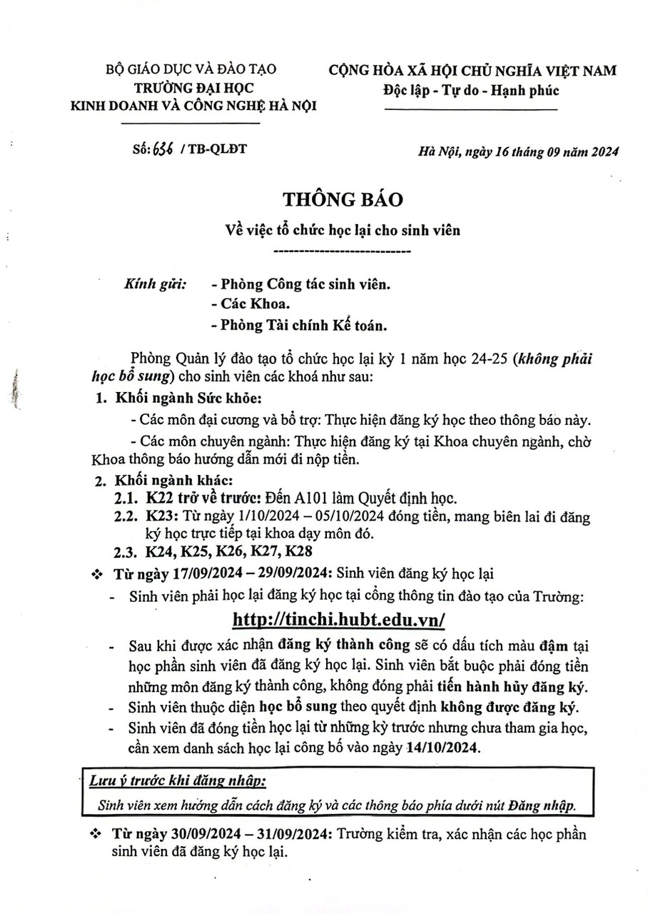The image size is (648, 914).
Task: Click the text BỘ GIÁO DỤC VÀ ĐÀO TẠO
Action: pos(191,69)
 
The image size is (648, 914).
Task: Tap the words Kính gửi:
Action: pos(155,283)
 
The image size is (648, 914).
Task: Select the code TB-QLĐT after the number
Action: pos(215,150)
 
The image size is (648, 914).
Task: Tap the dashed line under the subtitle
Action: pos(343,251)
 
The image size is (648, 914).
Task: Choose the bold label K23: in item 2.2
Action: pos(161,516)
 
